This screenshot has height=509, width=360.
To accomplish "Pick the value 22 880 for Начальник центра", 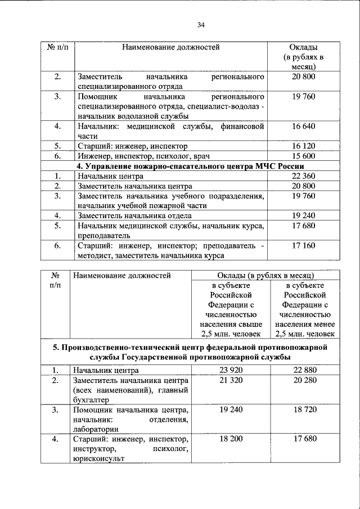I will pos(304,370).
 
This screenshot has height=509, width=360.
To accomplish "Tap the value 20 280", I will pos(304,381).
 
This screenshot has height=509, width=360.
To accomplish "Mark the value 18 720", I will pos(304,410).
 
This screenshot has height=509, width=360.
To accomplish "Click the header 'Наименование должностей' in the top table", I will pos(171,47).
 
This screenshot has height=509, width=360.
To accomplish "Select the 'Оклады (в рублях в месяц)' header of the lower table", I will pos(264,276).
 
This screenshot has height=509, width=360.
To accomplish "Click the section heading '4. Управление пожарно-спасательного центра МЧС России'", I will pos(191,166).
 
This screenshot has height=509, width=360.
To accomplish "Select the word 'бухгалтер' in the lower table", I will pos(92,400).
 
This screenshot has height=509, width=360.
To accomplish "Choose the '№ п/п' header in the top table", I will pos(57,47).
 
